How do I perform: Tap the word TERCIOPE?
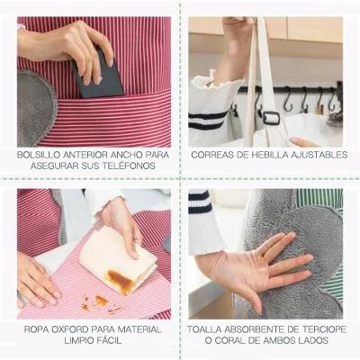pos(327,329)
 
